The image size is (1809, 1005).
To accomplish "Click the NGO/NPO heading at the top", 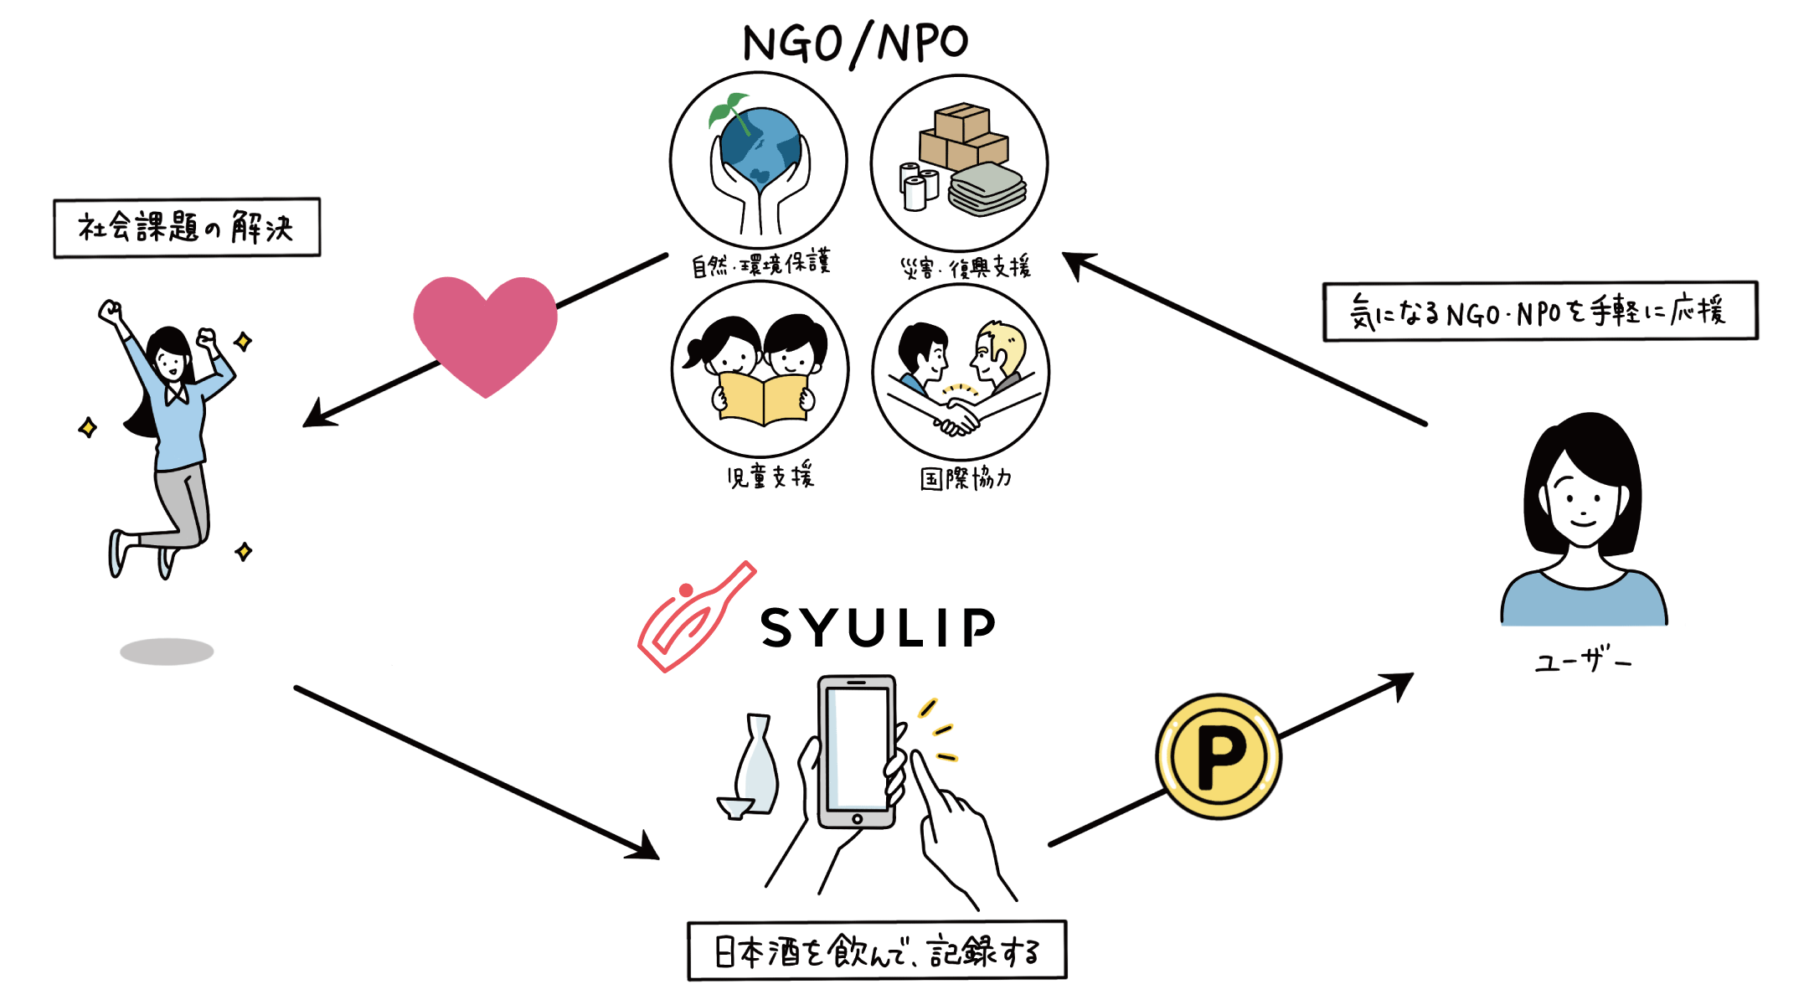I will pyautogui.click(x=855, y=43).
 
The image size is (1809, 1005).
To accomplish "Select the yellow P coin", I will pyautogui.click(x=1219, y=756).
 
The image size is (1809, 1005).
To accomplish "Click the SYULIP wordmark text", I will pyautogui.click(x=879, y=628).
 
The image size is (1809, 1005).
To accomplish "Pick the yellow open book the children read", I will pyautogui.click(x=762, y=399).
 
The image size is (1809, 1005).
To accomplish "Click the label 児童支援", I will pyautogui.click(x=770, y=476).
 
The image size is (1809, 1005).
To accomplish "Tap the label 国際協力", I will pyautogui.click(x=966, y=478).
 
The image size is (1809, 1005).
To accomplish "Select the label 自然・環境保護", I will pyautogui.click(x=760, y=264).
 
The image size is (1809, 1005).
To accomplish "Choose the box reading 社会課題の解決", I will pyautogui.click(x=187, y=228).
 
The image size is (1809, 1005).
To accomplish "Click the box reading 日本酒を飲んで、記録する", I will pyautogui.click(x=877, y=951).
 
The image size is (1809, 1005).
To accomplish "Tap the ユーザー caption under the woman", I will pyautogui.click(x=1582, y=662).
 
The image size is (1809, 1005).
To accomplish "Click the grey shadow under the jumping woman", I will pyautogui.click(x=167, y=652).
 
